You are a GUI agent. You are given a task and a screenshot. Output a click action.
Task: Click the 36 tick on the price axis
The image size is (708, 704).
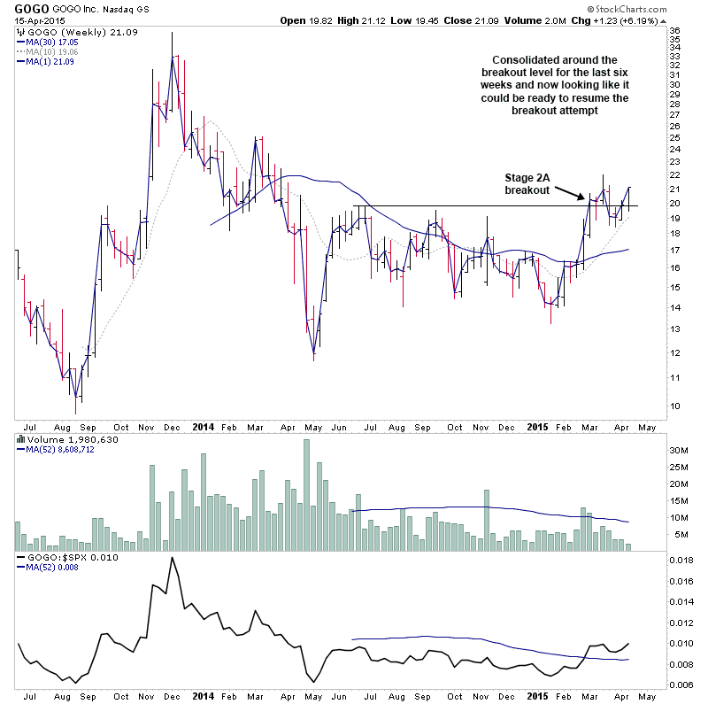(x=675, y=30)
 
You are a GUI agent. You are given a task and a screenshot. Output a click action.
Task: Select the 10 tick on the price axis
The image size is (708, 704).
(x=675, y=406)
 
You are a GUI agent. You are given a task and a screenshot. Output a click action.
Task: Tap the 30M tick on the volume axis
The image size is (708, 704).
(x=680, y=451)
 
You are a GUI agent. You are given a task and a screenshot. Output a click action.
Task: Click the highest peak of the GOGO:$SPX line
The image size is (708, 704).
(x=172, y=557)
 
